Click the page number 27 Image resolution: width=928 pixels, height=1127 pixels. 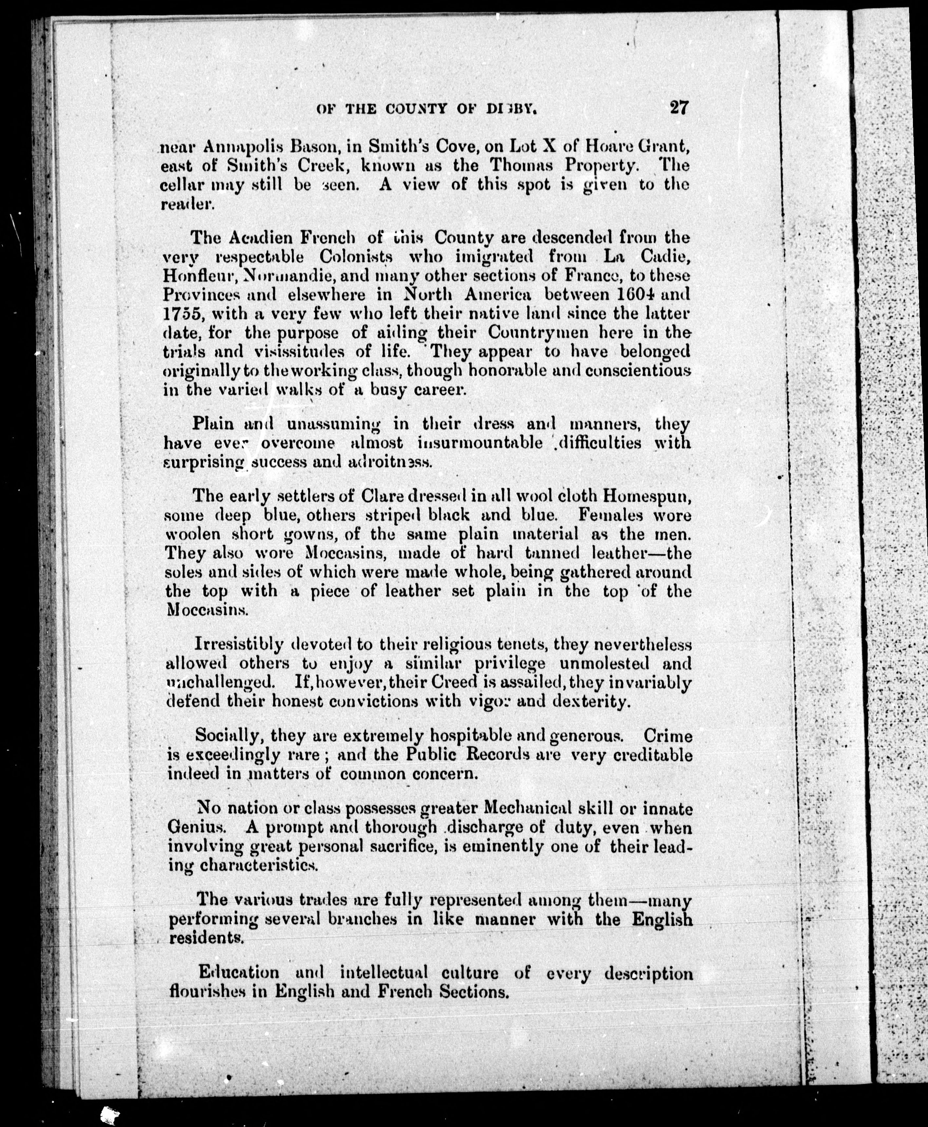(678, 107)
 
